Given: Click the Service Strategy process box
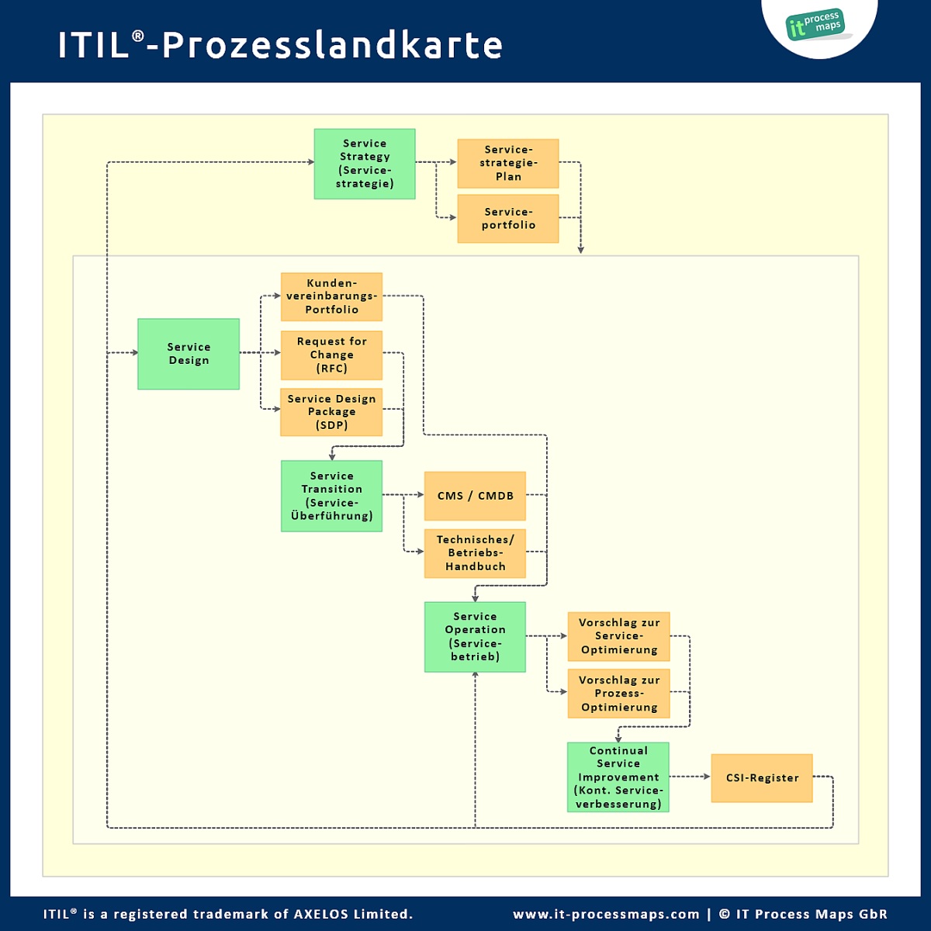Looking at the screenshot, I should tap(365, 164).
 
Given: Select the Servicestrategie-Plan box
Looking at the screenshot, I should tap(508, 164).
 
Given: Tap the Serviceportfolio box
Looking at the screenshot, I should tap(508, 219).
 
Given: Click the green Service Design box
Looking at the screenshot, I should tap(189, 354).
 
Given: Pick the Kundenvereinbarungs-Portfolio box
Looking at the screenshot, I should tap(331, 296).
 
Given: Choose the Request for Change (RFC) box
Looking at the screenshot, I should tap(331, 355).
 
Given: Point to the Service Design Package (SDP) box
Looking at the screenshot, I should tap(331, 412).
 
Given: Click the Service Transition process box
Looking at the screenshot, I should tap(331, 496).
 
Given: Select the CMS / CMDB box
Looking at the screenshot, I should tap(475, 496).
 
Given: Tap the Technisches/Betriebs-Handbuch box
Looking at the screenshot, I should tap(475, 553).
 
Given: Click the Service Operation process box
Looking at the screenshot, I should tap(475, 637).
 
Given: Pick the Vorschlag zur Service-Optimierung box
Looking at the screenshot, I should tap(618, 636).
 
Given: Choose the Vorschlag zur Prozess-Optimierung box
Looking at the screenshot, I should tap(618, 694).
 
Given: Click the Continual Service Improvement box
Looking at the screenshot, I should tap(618, 777).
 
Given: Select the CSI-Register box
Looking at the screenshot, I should tap(762, 778).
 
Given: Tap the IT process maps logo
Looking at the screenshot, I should tap(815, 26).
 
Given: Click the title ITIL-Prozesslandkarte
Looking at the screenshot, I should tap(280, 45).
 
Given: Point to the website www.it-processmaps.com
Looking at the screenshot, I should tap(606, 914).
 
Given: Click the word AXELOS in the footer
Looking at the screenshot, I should tap(320, 914).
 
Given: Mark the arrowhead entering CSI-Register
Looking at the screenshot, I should tap(707, 777).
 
